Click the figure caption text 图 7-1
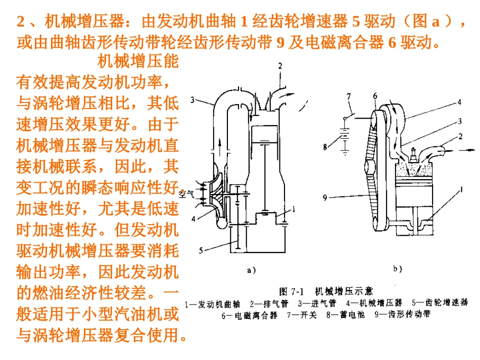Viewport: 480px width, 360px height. click(x=292, y=291)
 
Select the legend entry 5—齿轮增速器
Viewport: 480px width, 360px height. click(x=440, y=303)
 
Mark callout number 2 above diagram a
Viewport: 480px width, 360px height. click(x=280, y=65)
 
